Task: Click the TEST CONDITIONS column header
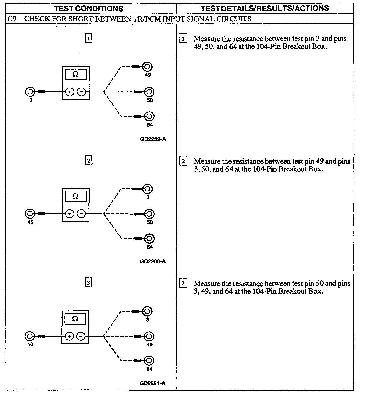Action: click(89, 9)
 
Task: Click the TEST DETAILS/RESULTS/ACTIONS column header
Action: click(265, 8)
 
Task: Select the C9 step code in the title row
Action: click(12, 19)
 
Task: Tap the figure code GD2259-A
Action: click(153, 139)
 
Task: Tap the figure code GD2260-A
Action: click(153, 261)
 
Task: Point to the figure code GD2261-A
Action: click(152, 383)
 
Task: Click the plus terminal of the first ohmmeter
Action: click(70, 92)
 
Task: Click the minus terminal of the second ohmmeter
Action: click(81, 214)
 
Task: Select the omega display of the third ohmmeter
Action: click(75, 319)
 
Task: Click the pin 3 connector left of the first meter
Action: click(30, 92)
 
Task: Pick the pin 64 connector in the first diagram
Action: click(149, 116)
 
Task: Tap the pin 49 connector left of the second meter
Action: click(30, 214)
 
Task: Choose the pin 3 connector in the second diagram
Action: click(148, 189)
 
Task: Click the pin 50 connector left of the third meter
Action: click(30, 336)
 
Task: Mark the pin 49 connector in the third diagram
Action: click(149, 336)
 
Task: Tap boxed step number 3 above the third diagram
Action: click(88, 283)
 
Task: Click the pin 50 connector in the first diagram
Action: click(149, 92)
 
